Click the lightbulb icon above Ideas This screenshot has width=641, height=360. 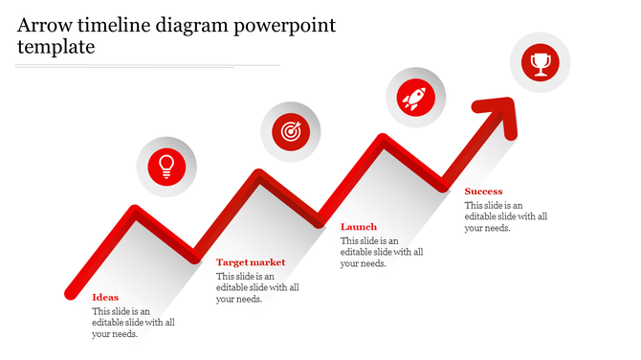(166, 166)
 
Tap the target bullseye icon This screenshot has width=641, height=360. (291, 131)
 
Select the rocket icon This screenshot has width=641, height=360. (415, 97)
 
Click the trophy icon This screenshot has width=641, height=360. (541, 63)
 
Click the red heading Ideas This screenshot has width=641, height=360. (105, 297)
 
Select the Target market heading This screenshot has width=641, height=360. (251, 262)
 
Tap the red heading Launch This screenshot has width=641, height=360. (359, 227)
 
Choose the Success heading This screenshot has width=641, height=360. (483, 191)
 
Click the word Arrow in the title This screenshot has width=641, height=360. (47, 25)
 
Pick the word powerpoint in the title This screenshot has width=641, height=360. (286, 25)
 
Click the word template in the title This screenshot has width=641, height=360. (55, 46)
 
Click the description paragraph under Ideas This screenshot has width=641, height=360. (133, 323)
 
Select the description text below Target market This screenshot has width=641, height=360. (257, 287)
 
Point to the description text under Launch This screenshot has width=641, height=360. (382, 252)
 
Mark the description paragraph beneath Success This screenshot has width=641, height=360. (506, 216)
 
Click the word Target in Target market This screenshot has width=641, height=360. (233, 262)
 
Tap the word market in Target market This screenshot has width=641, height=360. (269, 262)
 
